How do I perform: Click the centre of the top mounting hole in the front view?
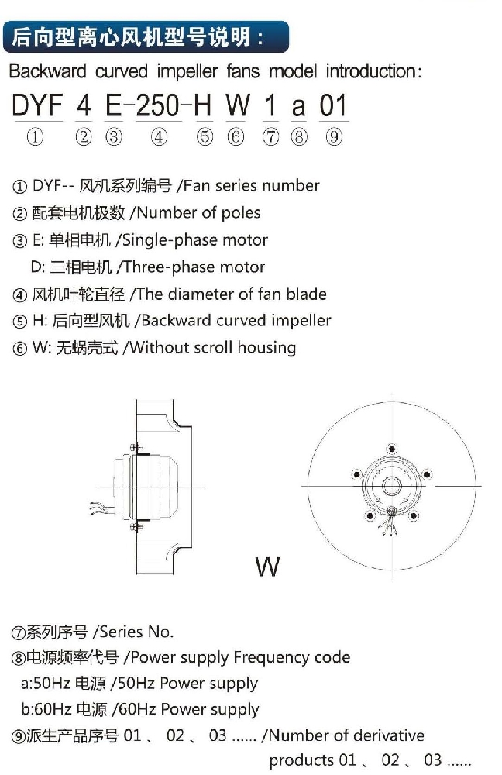tap(392, 449)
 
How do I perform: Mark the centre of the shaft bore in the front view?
tap(392, 486)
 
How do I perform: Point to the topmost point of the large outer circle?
tap(392, 401)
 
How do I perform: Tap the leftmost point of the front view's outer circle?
tap(308, 486)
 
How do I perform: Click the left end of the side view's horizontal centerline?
tap(98, 487)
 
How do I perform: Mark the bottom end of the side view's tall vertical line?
tap(136, 573)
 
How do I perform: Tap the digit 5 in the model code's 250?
tap(159, 105)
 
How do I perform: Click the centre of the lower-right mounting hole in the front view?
tap(414, 516)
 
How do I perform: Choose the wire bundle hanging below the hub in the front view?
tap(389, 523)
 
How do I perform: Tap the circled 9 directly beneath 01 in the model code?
tap(334, 136)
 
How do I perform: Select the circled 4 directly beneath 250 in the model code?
tap(159, 136)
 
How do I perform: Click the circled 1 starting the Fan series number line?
tap(19, 187)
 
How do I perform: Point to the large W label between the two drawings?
tap(268, 567)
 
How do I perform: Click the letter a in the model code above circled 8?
tap(298, 107)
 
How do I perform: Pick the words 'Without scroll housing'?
tap(213, 347)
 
